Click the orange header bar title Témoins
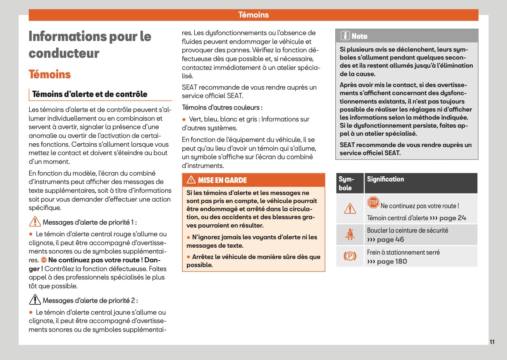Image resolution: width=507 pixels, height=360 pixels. point(253,15)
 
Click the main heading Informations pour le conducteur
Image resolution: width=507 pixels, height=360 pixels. point(90,45)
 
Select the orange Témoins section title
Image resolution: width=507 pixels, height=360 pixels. point(50,74)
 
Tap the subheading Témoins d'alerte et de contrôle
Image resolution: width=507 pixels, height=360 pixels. point(90,94)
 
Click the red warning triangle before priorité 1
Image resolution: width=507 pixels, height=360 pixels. point(35,222)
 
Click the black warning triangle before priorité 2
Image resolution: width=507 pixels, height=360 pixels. point(35,300)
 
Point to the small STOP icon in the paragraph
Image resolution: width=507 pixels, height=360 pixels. point(44,260)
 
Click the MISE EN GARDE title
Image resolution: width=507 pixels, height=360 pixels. point(222,180)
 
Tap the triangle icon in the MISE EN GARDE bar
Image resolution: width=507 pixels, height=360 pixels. point(191,180)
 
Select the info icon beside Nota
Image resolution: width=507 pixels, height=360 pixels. point(345,36)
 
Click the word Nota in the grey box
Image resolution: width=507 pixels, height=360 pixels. point(359,36)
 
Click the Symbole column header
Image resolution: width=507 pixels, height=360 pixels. point(346,183)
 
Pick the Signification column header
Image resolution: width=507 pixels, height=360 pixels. point(385,179)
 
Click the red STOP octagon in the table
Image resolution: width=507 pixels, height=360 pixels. point(373,202)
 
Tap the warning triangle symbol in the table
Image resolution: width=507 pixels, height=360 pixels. point(350,209)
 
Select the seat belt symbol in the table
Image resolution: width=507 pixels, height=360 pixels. point(350,235)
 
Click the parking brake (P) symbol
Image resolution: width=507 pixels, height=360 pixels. point(350,256)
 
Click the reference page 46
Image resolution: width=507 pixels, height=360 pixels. point(390,240)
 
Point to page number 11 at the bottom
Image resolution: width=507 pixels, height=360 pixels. point(492,342)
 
